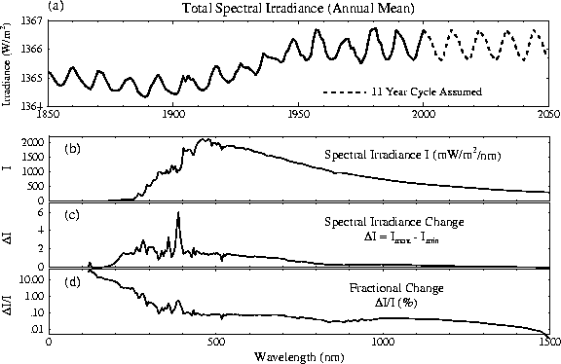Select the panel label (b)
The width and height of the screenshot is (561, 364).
(72, 148)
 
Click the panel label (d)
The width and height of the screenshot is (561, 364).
(72, 284)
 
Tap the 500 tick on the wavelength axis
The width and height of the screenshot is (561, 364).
(215, 343)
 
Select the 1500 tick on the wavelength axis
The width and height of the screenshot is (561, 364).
(546, 343)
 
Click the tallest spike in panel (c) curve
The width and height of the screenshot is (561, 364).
(178, 213)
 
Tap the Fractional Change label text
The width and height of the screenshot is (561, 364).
(394, 289)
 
